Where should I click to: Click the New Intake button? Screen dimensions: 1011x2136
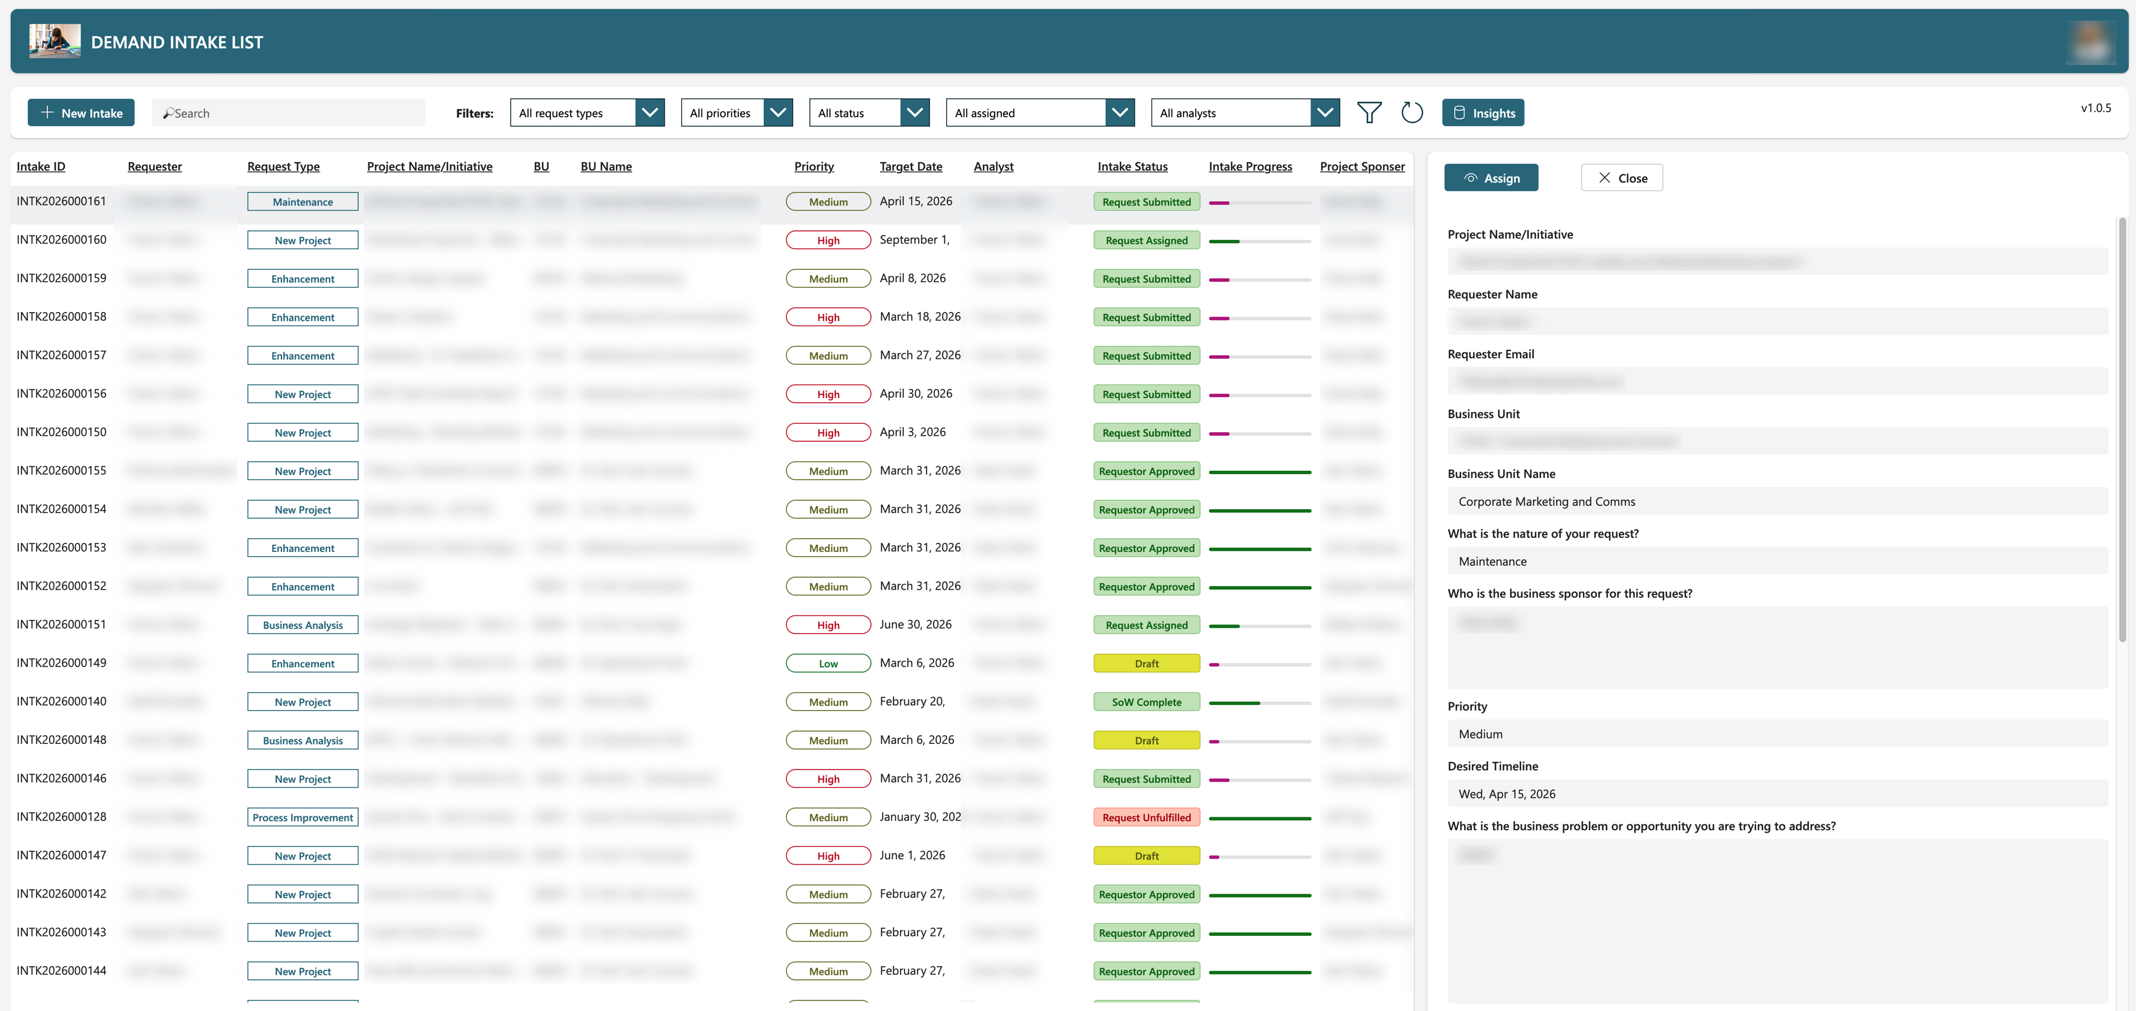point(81,113)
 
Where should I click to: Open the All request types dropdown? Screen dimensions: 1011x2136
point(587,113)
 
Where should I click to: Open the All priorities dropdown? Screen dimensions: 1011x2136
point(735,113)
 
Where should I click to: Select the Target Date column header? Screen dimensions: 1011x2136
point(911,167)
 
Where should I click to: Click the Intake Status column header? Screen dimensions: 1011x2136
point(1132,167)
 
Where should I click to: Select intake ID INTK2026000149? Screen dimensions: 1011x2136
point(61,663)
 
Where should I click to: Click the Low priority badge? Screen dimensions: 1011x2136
point(828,663)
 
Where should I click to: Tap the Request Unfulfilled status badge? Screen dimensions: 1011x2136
point(1146,818)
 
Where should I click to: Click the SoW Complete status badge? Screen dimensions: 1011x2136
point(1146,703)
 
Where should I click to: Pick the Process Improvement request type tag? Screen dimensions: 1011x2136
point(303,818)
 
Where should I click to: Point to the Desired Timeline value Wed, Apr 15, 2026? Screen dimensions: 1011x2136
point(1507,793)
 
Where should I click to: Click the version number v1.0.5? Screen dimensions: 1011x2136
point(2095,108)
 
